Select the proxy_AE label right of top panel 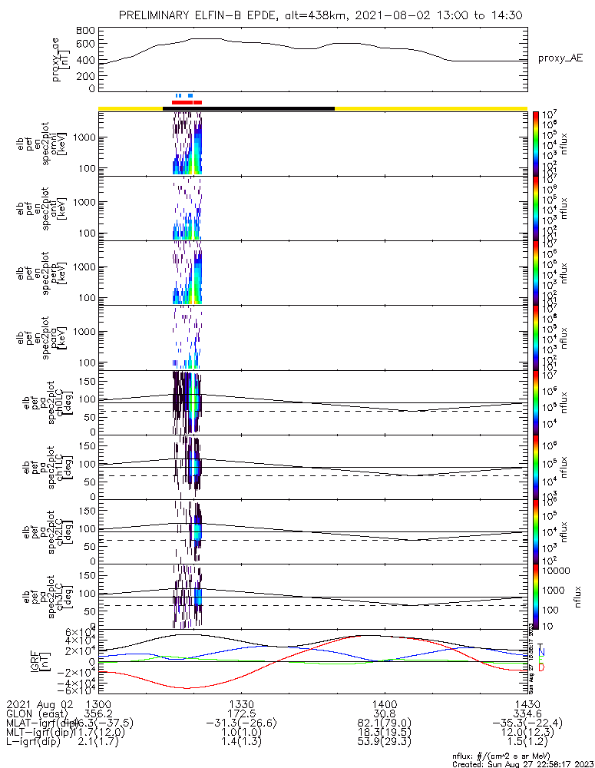coord(560,58)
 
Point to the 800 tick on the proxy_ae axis coord(86,30)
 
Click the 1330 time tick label coord(241,703)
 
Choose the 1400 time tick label coord(383,703)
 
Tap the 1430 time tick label coord(526,703)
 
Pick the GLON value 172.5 coord(241,713)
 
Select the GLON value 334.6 coord(526,713)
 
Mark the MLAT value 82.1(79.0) coord(383,723)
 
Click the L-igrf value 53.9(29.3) coord(383,743)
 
